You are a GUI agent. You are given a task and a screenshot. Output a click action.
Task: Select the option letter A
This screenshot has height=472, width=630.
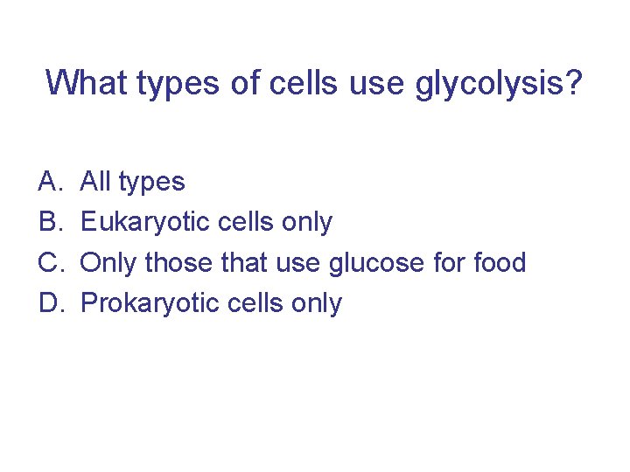pos(47,182)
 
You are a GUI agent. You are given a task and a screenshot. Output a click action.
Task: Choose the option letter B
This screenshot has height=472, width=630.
pos(47,222)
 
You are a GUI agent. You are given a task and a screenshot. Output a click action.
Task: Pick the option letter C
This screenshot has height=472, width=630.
pos(48,262)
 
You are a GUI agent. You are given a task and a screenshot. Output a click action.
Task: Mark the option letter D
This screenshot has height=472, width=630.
pos(48,302)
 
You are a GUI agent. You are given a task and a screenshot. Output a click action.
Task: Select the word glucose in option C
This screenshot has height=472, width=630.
pos(386,263)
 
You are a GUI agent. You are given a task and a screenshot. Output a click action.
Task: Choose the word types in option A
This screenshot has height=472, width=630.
pos(151,183)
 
